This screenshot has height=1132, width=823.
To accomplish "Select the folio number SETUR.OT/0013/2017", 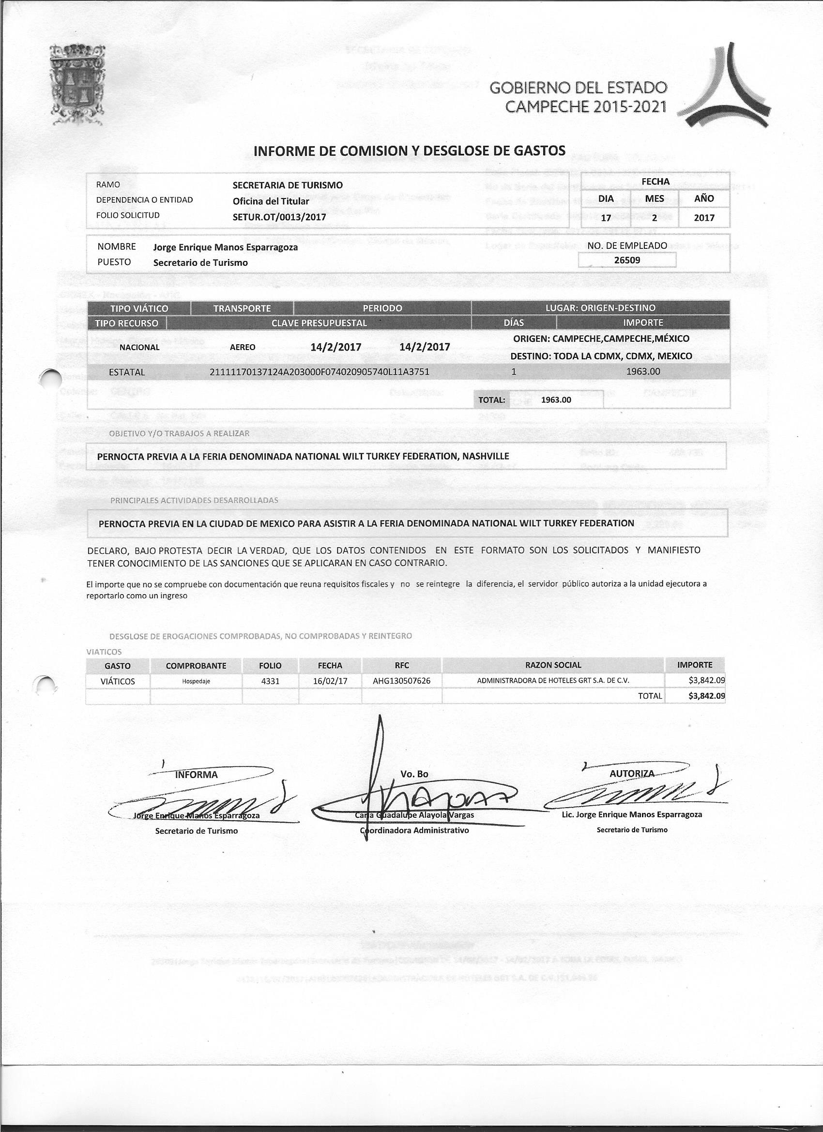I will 279,217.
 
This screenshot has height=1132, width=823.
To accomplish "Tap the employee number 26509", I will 627,260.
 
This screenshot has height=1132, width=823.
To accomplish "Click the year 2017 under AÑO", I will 704,217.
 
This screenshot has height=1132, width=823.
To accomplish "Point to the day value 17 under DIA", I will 606,217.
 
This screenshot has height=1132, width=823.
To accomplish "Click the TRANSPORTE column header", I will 242,308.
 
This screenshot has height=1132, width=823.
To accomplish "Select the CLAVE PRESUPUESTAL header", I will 319,323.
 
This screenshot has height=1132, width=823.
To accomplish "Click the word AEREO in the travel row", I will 243,347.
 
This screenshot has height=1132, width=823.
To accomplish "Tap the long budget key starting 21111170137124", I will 320,372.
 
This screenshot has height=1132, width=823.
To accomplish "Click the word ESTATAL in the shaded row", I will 127,372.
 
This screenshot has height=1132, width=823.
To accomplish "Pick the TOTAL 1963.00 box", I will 539,400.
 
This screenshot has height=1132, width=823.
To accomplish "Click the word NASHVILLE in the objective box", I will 486,456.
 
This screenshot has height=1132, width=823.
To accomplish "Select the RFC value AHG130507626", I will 402,681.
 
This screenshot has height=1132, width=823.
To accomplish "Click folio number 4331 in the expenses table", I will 270,681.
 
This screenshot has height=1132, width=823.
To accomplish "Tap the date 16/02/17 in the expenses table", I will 330,681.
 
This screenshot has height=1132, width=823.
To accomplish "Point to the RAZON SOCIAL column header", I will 553,665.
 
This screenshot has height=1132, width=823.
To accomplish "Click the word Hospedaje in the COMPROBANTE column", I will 195,681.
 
